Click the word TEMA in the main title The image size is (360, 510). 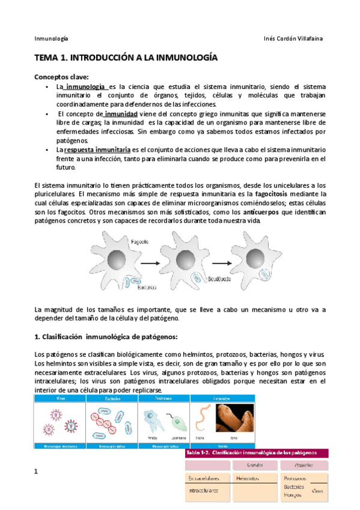46,59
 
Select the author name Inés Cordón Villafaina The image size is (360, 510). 294,38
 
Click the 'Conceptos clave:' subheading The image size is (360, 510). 61,77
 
